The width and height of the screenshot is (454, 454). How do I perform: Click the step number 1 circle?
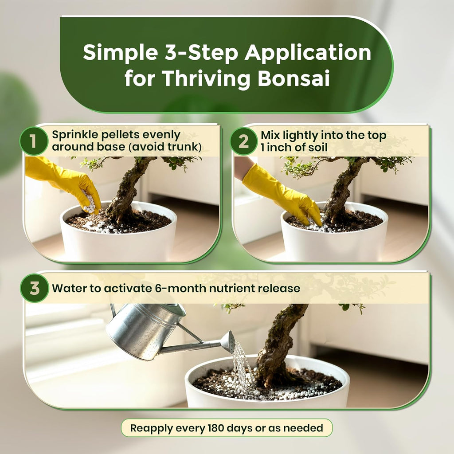[34, 141]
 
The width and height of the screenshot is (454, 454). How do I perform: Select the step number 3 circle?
[34, 289]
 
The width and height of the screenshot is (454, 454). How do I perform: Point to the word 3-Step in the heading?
[195, 53]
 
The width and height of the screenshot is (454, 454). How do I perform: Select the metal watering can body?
[142, 330]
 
